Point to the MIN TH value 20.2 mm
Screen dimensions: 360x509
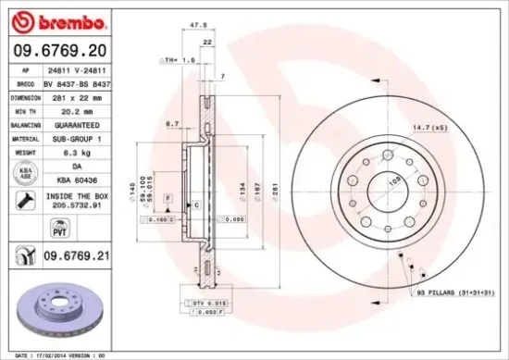pos(78,109)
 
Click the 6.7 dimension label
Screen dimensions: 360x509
pos(171,123)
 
